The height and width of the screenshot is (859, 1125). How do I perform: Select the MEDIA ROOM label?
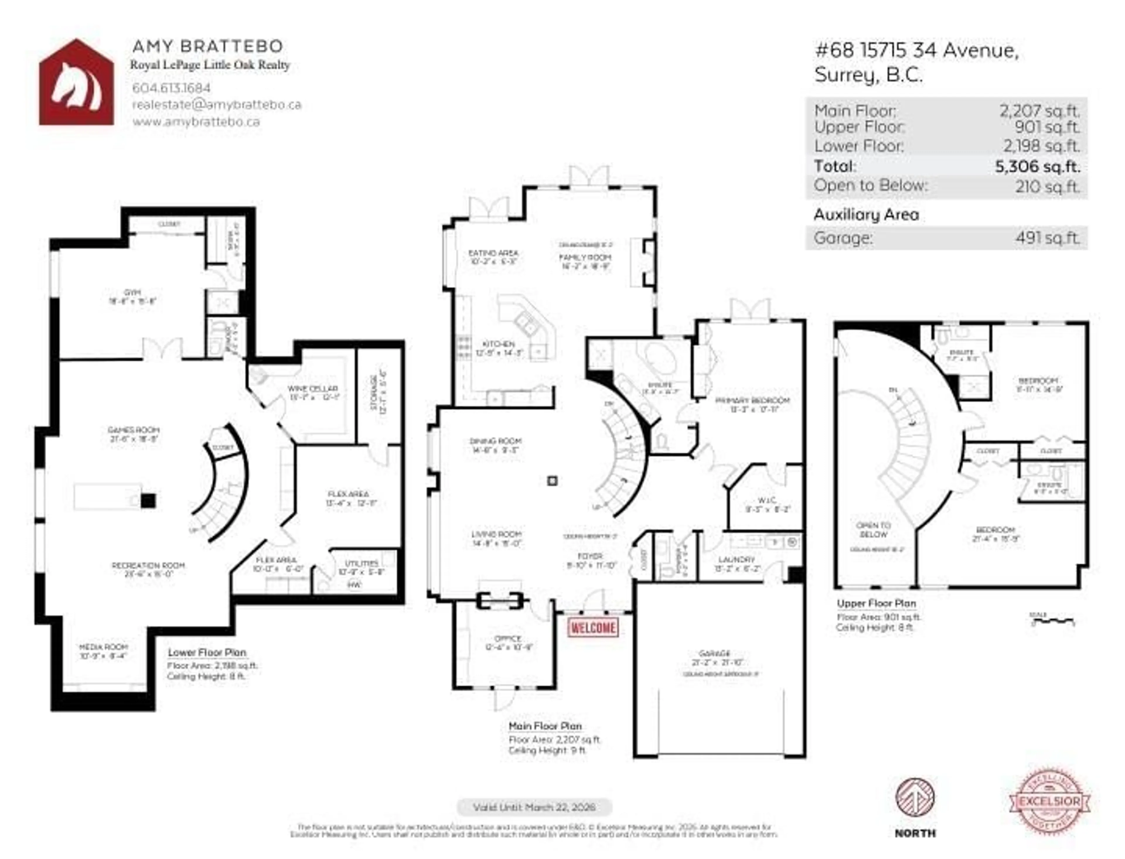click(x=103, y=647)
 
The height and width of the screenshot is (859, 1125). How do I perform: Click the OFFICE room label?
click(x=508, y=639)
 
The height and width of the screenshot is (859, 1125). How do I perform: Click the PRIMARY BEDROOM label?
click(x=752, y=400)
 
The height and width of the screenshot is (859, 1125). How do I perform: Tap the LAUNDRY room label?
click(x=736, y=560)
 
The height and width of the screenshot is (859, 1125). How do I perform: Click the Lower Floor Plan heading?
click(x=207, y=653)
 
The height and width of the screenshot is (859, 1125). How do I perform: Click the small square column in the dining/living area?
click(x=552, y=481)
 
